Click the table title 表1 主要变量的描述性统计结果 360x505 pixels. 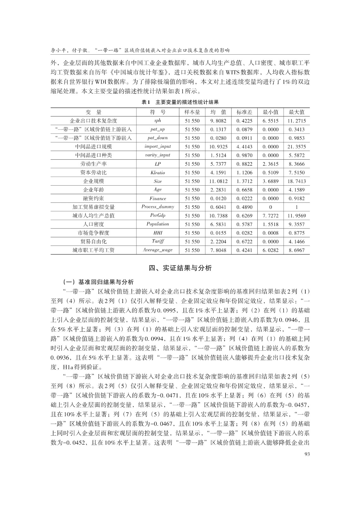[x=180, y=102]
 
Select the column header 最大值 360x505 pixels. [x=297, y=112]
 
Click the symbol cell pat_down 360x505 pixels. [x=158, y=138]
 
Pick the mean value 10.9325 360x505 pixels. [x=218, y=146]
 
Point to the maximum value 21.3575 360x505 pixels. [x=297, y=146]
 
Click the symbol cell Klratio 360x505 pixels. [x=158, y=173]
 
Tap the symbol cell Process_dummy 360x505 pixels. [x=158, y=207]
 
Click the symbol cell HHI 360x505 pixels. [x=158, y=233]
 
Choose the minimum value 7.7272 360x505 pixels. [x=271, y=216]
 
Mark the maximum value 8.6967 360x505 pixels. [x=297, y=250]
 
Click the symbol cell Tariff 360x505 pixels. [x=158, y=241]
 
